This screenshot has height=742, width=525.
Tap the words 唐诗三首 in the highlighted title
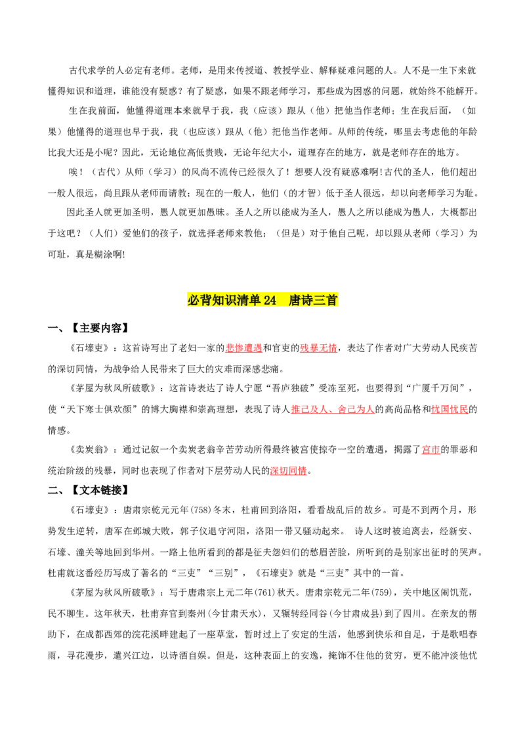313,300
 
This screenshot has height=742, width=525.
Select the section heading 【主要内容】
100,328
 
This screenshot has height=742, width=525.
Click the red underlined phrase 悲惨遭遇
243,348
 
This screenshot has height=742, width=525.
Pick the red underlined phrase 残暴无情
318,348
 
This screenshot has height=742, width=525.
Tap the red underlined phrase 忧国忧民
449,409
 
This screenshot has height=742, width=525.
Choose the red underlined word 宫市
430,450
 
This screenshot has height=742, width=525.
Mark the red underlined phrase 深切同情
289,471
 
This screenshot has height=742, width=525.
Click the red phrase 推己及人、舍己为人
333,409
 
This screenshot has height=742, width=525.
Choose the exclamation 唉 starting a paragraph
73,172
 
